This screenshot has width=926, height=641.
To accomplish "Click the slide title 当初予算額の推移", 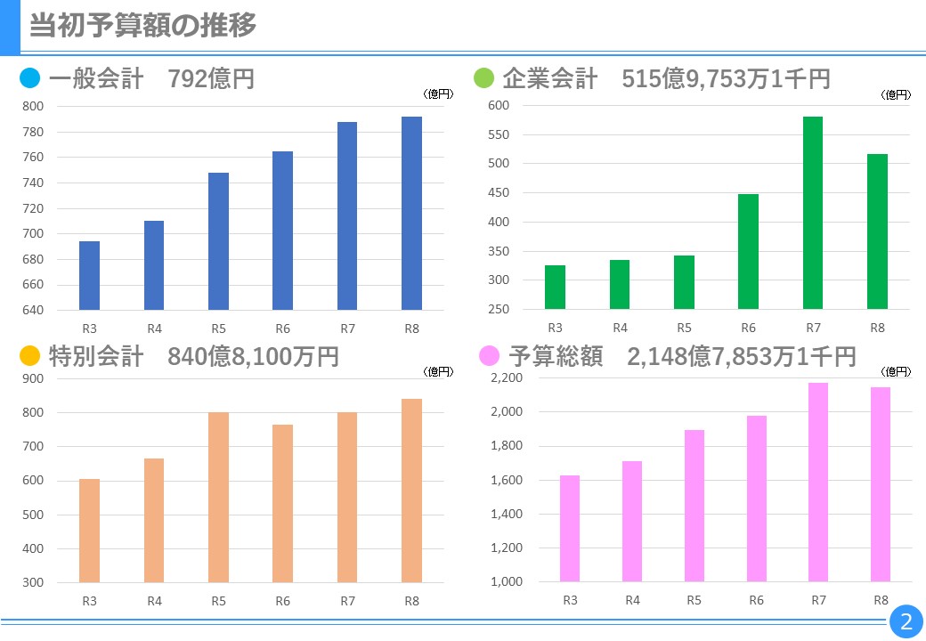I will [142, 26].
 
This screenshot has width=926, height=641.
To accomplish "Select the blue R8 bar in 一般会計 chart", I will [411, 214].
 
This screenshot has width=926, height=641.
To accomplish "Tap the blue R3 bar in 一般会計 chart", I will [89, 276].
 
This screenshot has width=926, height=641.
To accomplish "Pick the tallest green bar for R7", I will [813, 214].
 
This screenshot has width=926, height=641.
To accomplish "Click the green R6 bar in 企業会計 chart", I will [748, 252].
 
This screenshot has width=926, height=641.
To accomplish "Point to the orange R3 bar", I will [89, 531].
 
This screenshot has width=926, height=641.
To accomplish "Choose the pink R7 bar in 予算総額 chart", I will [816, 482].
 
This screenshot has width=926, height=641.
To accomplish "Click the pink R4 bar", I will [632, 521].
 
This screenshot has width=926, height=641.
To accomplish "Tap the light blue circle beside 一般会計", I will [30, 79].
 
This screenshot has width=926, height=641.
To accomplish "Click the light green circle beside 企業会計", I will [483, 79].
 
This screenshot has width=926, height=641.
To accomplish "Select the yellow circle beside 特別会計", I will [30, 357].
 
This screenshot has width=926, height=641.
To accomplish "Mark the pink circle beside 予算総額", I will [489, 357].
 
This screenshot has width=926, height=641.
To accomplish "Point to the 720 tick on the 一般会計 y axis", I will [33, 208].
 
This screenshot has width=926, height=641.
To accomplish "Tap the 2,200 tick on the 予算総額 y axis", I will [508, 378].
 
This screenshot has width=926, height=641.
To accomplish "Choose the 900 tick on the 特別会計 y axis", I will [33, 378].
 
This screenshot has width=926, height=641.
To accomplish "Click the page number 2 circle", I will [906, 621].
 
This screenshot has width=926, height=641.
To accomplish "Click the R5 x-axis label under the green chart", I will [684, 328].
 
